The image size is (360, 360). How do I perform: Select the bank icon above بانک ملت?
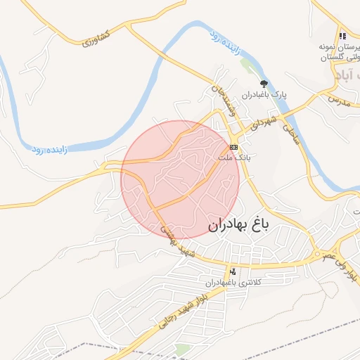point(233,148)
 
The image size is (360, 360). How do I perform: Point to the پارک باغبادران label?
point(266,94)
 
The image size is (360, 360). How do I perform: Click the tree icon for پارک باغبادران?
point(264,84)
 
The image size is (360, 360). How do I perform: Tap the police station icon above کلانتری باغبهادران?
point(233,271)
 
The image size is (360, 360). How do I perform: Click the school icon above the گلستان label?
point(342,35)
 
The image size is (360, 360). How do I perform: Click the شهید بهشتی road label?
point(176,239)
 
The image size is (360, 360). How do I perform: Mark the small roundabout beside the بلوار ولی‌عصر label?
point(319,254)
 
